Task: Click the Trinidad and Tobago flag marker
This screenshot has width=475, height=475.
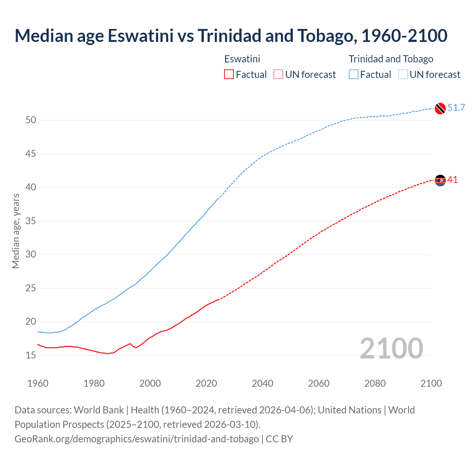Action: [440, 108]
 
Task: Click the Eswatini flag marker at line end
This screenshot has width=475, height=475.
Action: [440, 180]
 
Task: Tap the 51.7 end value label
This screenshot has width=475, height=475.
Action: [456, 108]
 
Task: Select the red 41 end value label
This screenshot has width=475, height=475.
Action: [453, 180]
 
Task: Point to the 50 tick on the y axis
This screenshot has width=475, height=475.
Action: [31, 120]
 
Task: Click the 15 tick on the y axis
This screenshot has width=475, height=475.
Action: [31, 355]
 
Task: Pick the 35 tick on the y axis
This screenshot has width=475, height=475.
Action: [31, 221]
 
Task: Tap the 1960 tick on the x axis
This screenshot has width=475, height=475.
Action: [38, 383]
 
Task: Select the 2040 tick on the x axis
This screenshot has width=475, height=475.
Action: [262, 383]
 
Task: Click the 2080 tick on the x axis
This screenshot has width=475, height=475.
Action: [375, 383]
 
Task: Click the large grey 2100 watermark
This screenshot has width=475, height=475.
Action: [391, 348]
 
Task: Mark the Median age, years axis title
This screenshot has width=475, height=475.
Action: [16, 231]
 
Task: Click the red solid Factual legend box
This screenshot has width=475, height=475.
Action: [229, 75]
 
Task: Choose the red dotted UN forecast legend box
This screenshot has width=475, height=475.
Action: [278, 75]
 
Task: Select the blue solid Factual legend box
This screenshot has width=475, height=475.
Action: [354, 75]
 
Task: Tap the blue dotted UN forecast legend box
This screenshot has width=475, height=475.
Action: [403, 75]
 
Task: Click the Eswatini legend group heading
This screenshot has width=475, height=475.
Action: [242, 59]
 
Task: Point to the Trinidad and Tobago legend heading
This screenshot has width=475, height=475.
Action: [391, 59]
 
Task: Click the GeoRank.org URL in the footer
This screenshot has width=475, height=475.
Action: [137, 439]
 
